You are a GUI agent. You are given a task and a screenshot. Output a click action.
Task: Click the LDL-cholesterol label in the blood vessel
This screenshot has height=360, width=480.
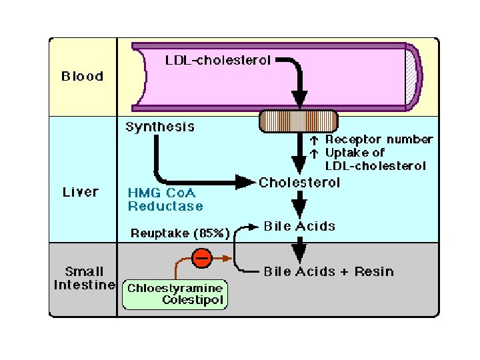point(217,61)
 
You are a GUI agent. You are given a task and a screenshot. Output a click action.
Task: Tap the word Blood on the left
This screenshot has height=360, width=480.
point(83,76)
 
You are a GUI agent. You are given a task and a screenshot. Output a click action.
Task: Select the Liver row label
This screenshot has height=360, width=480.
point(81,192)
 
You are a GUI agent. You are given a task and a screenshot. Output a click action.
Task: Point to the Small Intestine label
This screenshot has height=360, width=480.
point(84,279)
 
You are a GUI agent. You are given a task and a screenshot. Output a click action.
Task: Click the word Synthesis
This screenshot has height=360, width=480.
point(160,127)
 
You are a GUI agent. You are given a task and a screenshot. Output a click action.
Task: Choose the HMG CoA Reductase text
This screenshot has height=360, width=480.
point(165,199)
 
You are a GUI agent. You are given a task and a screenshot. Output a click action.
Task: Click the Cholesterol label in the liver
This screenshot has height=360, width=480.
point(299,183)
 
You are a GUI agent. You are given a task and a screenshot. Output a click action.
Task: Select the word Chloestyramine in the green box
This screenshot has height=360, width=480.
point(175,289)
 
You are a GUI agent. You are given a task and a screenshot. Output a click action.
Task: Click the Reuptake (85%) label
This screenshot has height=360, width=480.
point(180,233)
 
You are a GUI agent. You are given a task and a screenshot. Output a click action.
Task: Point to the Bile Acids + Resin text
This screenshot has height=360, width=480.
point(329,271)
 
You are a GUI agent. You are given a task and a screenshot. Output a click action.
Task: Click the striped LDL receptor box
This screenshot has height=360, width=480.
point(298,121)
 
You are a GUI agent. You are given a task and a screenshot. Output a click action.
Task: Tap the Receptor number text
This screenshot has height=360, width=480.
point(379,140)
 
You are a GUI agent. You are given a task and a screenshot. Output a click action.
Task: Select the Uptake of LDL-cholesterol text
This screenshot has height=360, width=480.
point(375,159)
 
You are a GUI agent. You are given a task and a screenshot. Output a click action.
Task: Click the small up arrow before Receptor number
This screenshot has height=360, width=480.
point(314,141)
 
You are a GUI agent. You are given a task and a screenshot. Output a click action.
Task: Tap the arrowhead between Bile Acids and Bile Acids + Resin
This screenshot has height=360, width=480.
point(299,252)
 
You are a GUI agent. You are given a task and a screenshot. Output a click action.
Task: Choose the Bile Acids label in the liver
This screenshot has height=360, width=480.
point(299,226)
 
